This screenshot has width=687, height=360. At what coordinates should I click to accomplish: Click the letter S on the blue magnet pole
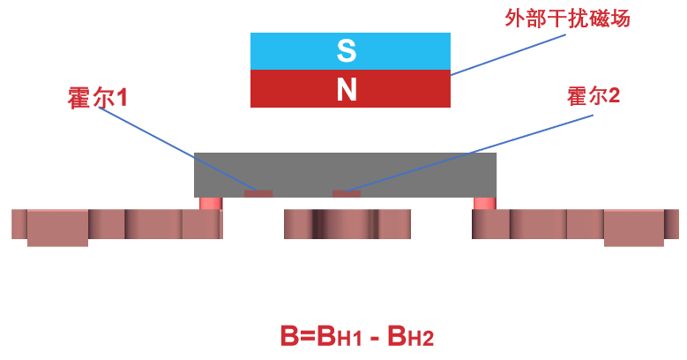pos(347,51)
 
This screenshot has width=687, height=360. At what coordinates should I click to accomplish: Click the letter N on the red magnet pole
pos(347,89)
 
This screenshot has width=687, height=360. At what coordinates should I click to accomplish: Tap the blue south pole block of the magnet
pos(291,51)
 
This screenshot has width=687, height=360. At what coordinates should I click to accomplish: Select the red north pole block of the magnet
pos(291,89)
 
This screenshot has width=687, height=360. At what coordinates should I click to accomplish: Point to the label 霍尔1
pos(97,97)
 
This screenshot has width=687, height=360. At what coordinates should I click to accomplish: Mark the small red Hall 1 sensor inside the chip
pos(258,193)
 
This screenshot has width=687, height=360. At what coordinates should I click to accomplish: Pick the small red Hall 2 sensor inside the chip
pos(347,193)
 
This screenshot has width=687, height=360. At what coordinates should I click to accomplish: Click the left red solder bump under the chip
pos(210,203)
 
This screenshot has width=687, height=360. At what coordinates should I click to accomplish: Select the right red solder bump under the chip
pos(484,203)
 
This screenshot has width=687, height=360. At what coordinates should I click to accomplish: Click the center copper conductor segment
pos(347,224)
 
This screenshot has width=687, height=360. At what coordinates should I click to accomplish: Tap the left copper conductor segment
pos(115,225)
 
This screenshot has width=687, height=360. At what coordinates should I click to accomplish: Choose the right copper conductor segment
pos(573,225)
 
